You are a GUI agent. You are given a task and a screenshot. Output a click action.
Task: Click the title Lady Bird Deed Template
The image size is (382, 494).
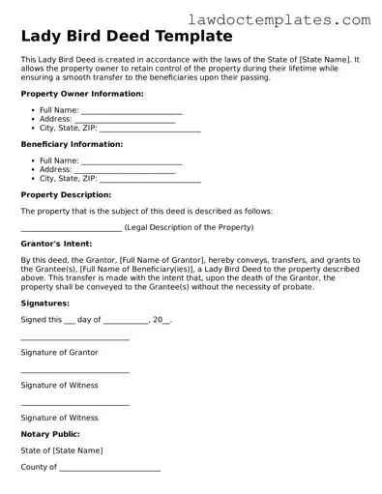127,37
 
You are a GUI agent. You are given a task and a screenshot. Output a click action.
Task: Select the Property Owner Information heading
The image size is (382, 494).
82,94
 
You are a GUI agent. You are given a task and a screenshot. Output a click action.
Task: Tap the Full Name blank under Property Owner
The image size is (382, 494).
132,112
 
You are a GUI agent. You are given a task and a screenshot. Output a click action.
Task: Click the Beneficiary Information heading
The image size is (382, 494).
72,144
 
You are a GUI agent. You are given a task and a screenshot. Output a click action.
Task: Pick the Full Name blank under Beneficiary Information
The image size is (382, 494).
132,162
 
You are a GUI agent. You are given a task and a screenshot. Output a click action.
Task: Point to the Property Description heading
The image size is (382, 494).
66,194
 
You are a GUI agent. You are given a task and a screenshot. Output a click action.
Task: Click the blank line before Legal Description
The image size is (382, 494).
71,229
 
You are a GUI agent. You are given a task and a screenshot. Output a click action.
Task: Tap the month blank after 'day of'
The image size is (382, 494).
125,321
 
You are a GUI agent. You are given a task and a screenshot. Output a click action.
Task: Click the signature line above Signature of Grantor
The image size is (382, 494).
74,339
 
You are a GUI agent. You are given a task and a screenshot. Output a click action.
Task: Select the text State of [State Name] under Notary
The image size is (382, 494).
62,450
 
